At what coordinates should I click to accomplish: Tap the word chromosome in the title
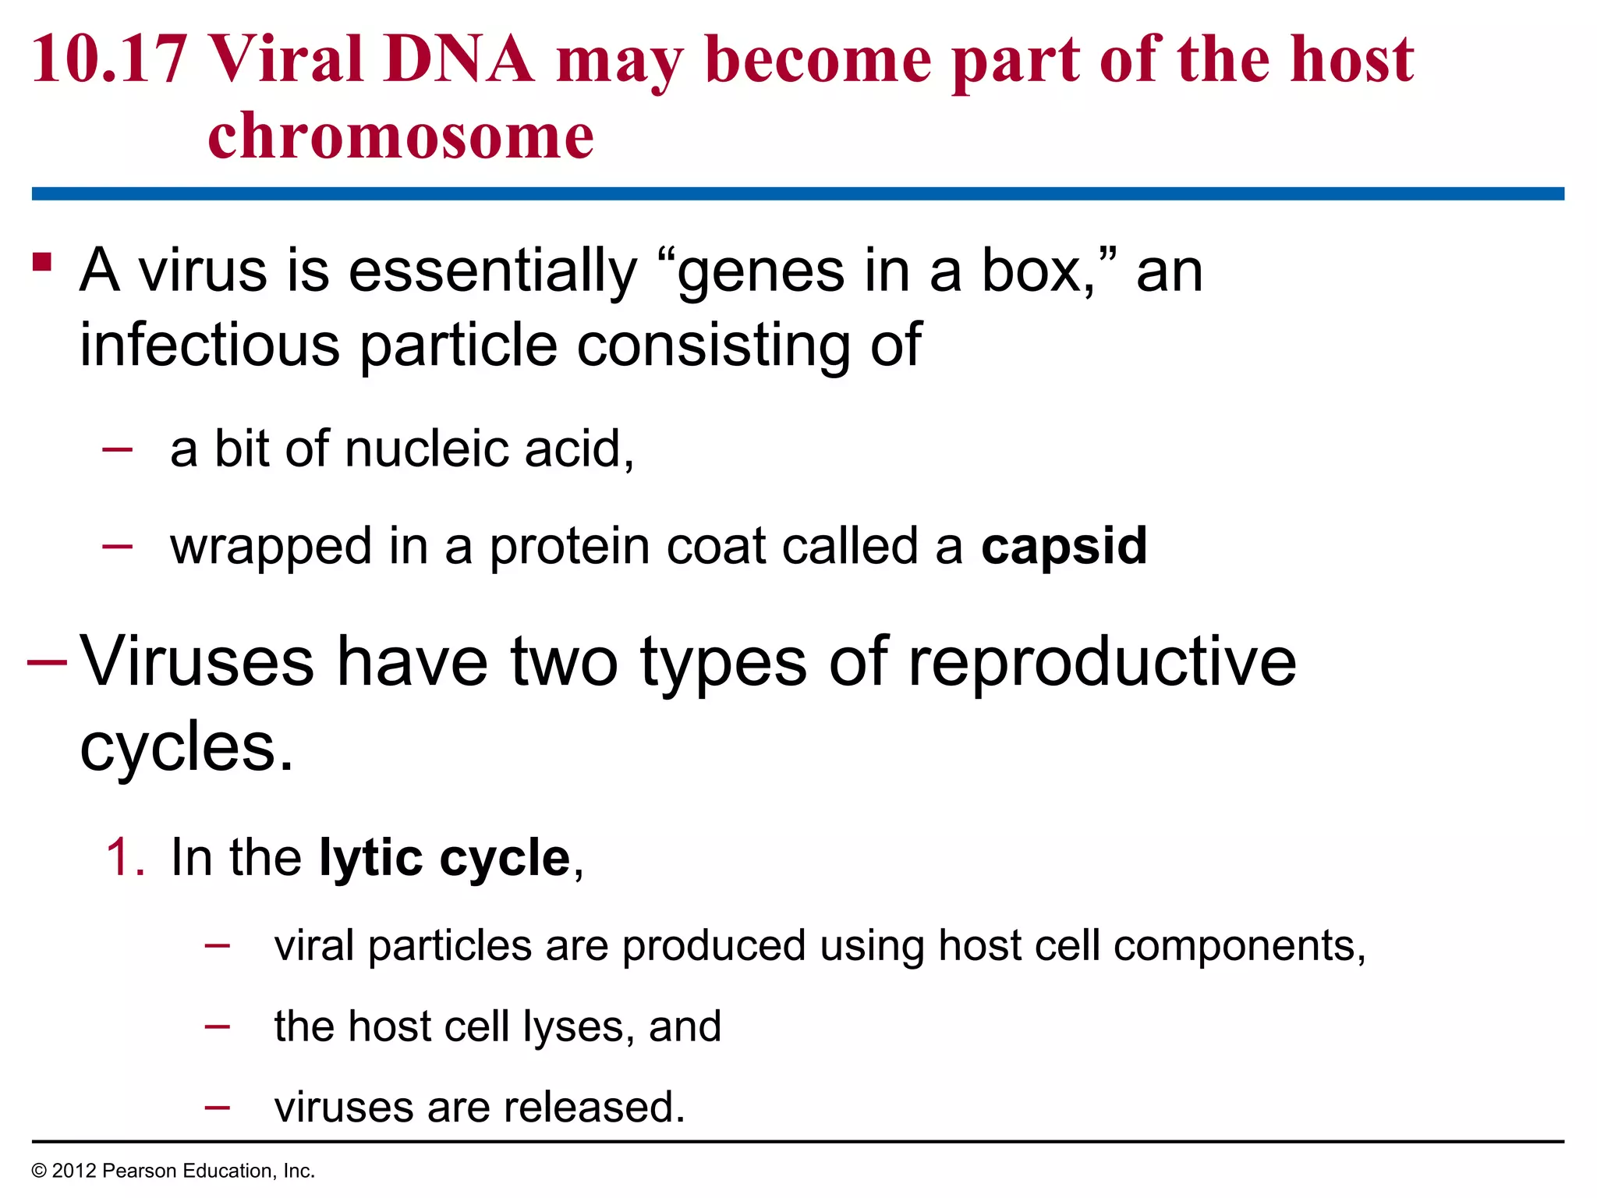[x=401, y=136]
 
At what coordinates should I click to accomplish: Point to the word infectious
[x=210, y=345]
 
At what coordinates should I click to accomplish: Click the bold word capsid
[x=1064, y=546]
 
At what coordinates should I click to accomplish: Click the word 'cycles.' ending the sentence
[x=187, y=747]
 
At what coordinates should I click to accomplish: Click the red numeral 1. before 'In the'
[x=126, y=858]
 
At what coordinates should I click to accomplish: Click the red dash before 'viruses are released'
[x=217, y=1106]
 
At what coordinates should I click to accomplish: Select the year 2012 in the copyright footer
[x=73, y=1171]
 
